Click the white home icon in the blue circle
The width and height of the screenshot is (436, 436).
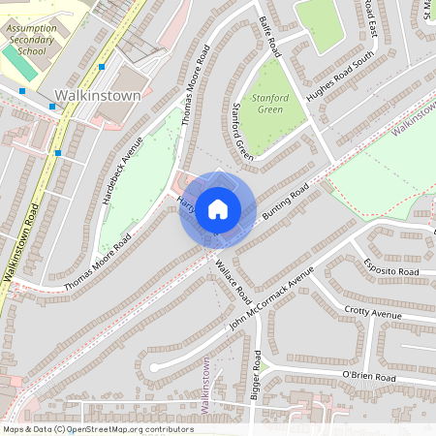(x=218, y=208)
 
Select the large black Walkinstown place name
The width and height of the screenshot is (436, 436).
(x=98, y=96)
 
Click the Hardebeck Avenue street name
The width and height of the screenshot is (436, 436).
(x=122, y=169)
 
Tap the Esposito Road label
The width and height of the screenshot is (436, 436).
(x=390, y=272)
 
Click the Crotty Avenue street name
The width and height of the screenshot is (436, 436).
(x=372, y=314)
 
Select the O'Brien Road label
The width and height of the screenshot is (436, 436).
(x=368, y=376)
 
